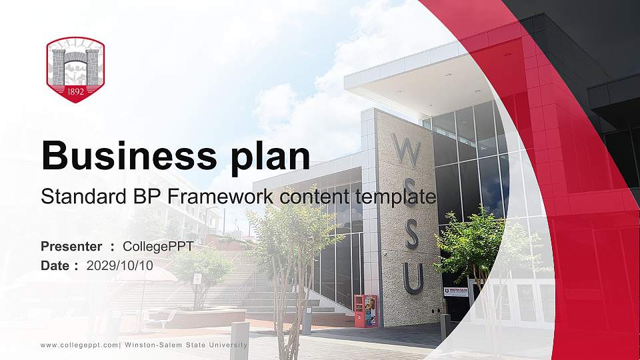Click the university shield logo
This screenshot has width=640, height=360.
tap(75, 69)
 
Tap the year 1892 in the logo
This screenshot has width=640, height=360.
tap(75, 92)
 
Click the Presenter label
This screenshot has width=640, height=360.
tap(71, 247)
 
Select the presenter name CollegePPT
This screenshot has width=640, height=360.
tap(158, 247)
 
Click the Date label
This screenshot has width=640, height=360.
tap(55, 265)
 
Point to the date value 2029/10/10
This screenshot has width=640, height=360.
tap(120, 265)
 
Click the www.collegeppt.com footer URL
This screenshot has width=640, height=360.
tap(79, 345)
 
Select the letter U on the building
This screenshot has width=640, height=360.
tap(413, 279)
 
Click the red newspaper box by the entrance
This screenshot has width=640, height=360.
tap(365, 311)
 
